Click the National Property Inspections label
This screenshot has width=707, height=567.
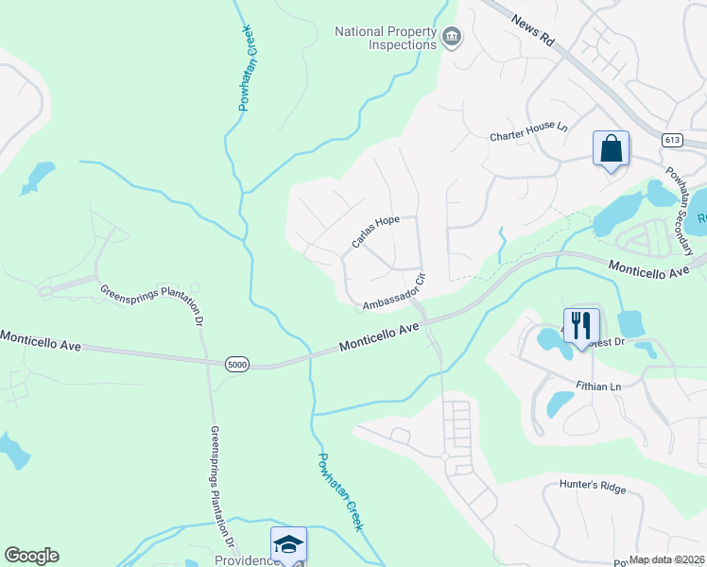[386, 38]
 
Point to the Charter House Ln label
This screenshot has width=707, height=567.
[527, 136]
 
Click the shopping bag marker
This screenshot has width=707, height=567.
[611, 149]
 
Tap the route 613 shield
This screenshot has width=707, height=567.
[672, 140]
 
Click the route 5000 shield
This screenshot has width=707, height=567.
[237, 364]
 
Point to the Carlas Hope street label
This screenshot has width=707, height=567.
[375, 232]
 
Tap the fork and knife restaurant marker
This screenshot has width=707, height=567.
[581, 325]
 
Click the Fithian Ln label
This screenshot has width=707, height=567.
[598, 387]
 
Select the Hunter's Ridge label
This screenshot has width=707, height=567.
[586, 488]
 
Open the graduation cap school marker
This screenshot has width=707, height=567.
[288, 544]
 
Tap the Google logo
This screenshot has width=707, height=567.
[31, 556]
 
